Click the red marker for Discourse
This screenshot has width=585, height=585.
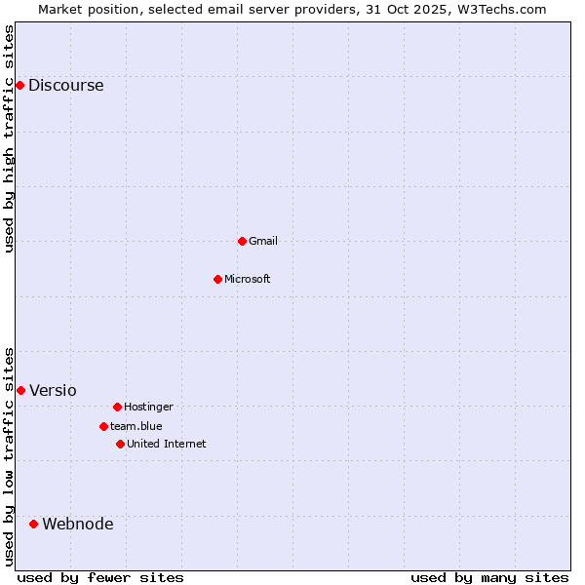[x=19, y=85]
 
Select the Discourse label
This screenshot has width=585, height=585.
[x=65, y=85]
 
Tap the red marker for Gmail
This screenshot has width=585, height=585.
[x=242, y=241]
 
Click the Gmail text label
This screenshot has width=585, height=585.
[x=262, y=241]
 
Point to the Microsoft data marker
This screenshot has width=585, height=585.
[x=217, y=279]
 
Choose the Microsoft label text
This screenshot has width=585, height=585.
[x=247, y=279]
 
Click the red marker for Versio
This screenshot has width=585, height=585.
[x=20, y=390]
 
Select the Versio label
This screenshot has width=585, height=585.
[x=53, y=390]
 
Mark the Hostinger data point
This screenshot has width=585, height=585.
[x=117, y=407]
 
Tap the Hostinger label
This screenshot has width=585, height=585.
[x=148, y=407]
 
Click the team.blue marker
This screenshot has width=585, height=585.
[x=103, y=426]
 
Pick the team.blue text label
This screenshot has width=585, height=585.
[x=136, y=426]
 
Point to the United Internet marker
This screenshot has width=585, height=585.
[x=120, y=444]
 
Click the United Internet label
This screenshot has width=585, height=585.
[x=166, y=444]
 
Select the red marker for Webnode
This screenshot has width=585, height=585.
[x=33, y=524]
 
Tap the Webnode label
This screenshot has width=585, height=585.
[x=77, y=524]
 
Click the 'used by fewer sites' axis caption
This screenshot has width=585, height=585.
[x=100, y=577]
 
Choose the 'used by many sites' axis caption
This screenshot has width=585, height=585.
[x=489, y=577]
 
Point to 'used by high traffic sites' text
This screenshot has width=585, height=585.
[x=10, y=138]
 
